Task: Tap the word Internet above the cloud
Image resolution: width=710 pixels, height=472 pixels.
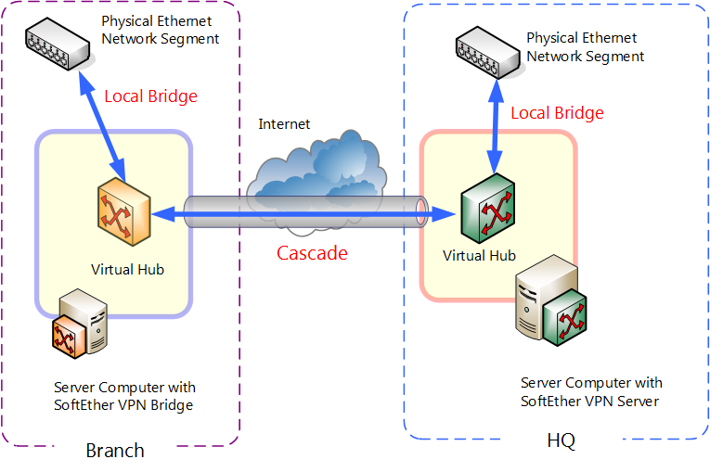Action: [x=284, y=124]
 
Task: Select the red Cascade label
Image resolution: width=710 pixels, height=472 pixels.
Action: [x=312, y=252]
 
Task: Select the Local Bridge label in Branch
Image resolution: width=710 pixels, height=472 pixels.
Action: [x=150, y=96]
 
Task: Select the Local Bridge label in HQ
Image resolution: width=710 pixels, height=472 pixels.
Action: [x=557, y=113]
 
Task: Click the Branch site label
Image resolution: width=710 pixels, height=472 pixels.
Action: [x=115, y=452]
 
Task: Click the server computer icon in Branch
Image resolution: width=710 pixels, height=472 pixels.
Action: [x=83, y=325]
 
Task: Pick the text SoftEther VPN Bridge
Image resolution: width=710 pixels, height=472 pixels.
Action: [x=124, y=404]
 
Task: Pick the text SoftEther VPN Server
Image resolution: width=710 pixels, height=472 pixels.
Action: [x=590, y=401]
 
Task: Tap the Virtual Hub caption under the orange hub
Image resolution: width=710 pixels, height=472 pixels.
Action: [x=127, y=270]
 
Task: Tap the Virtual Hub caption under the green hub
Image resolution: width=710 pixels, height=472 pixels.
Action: [x=479, y=255]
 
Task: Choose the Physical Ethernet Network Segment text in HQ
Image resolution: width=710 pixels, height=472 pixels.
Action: [x=585, y=47]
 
